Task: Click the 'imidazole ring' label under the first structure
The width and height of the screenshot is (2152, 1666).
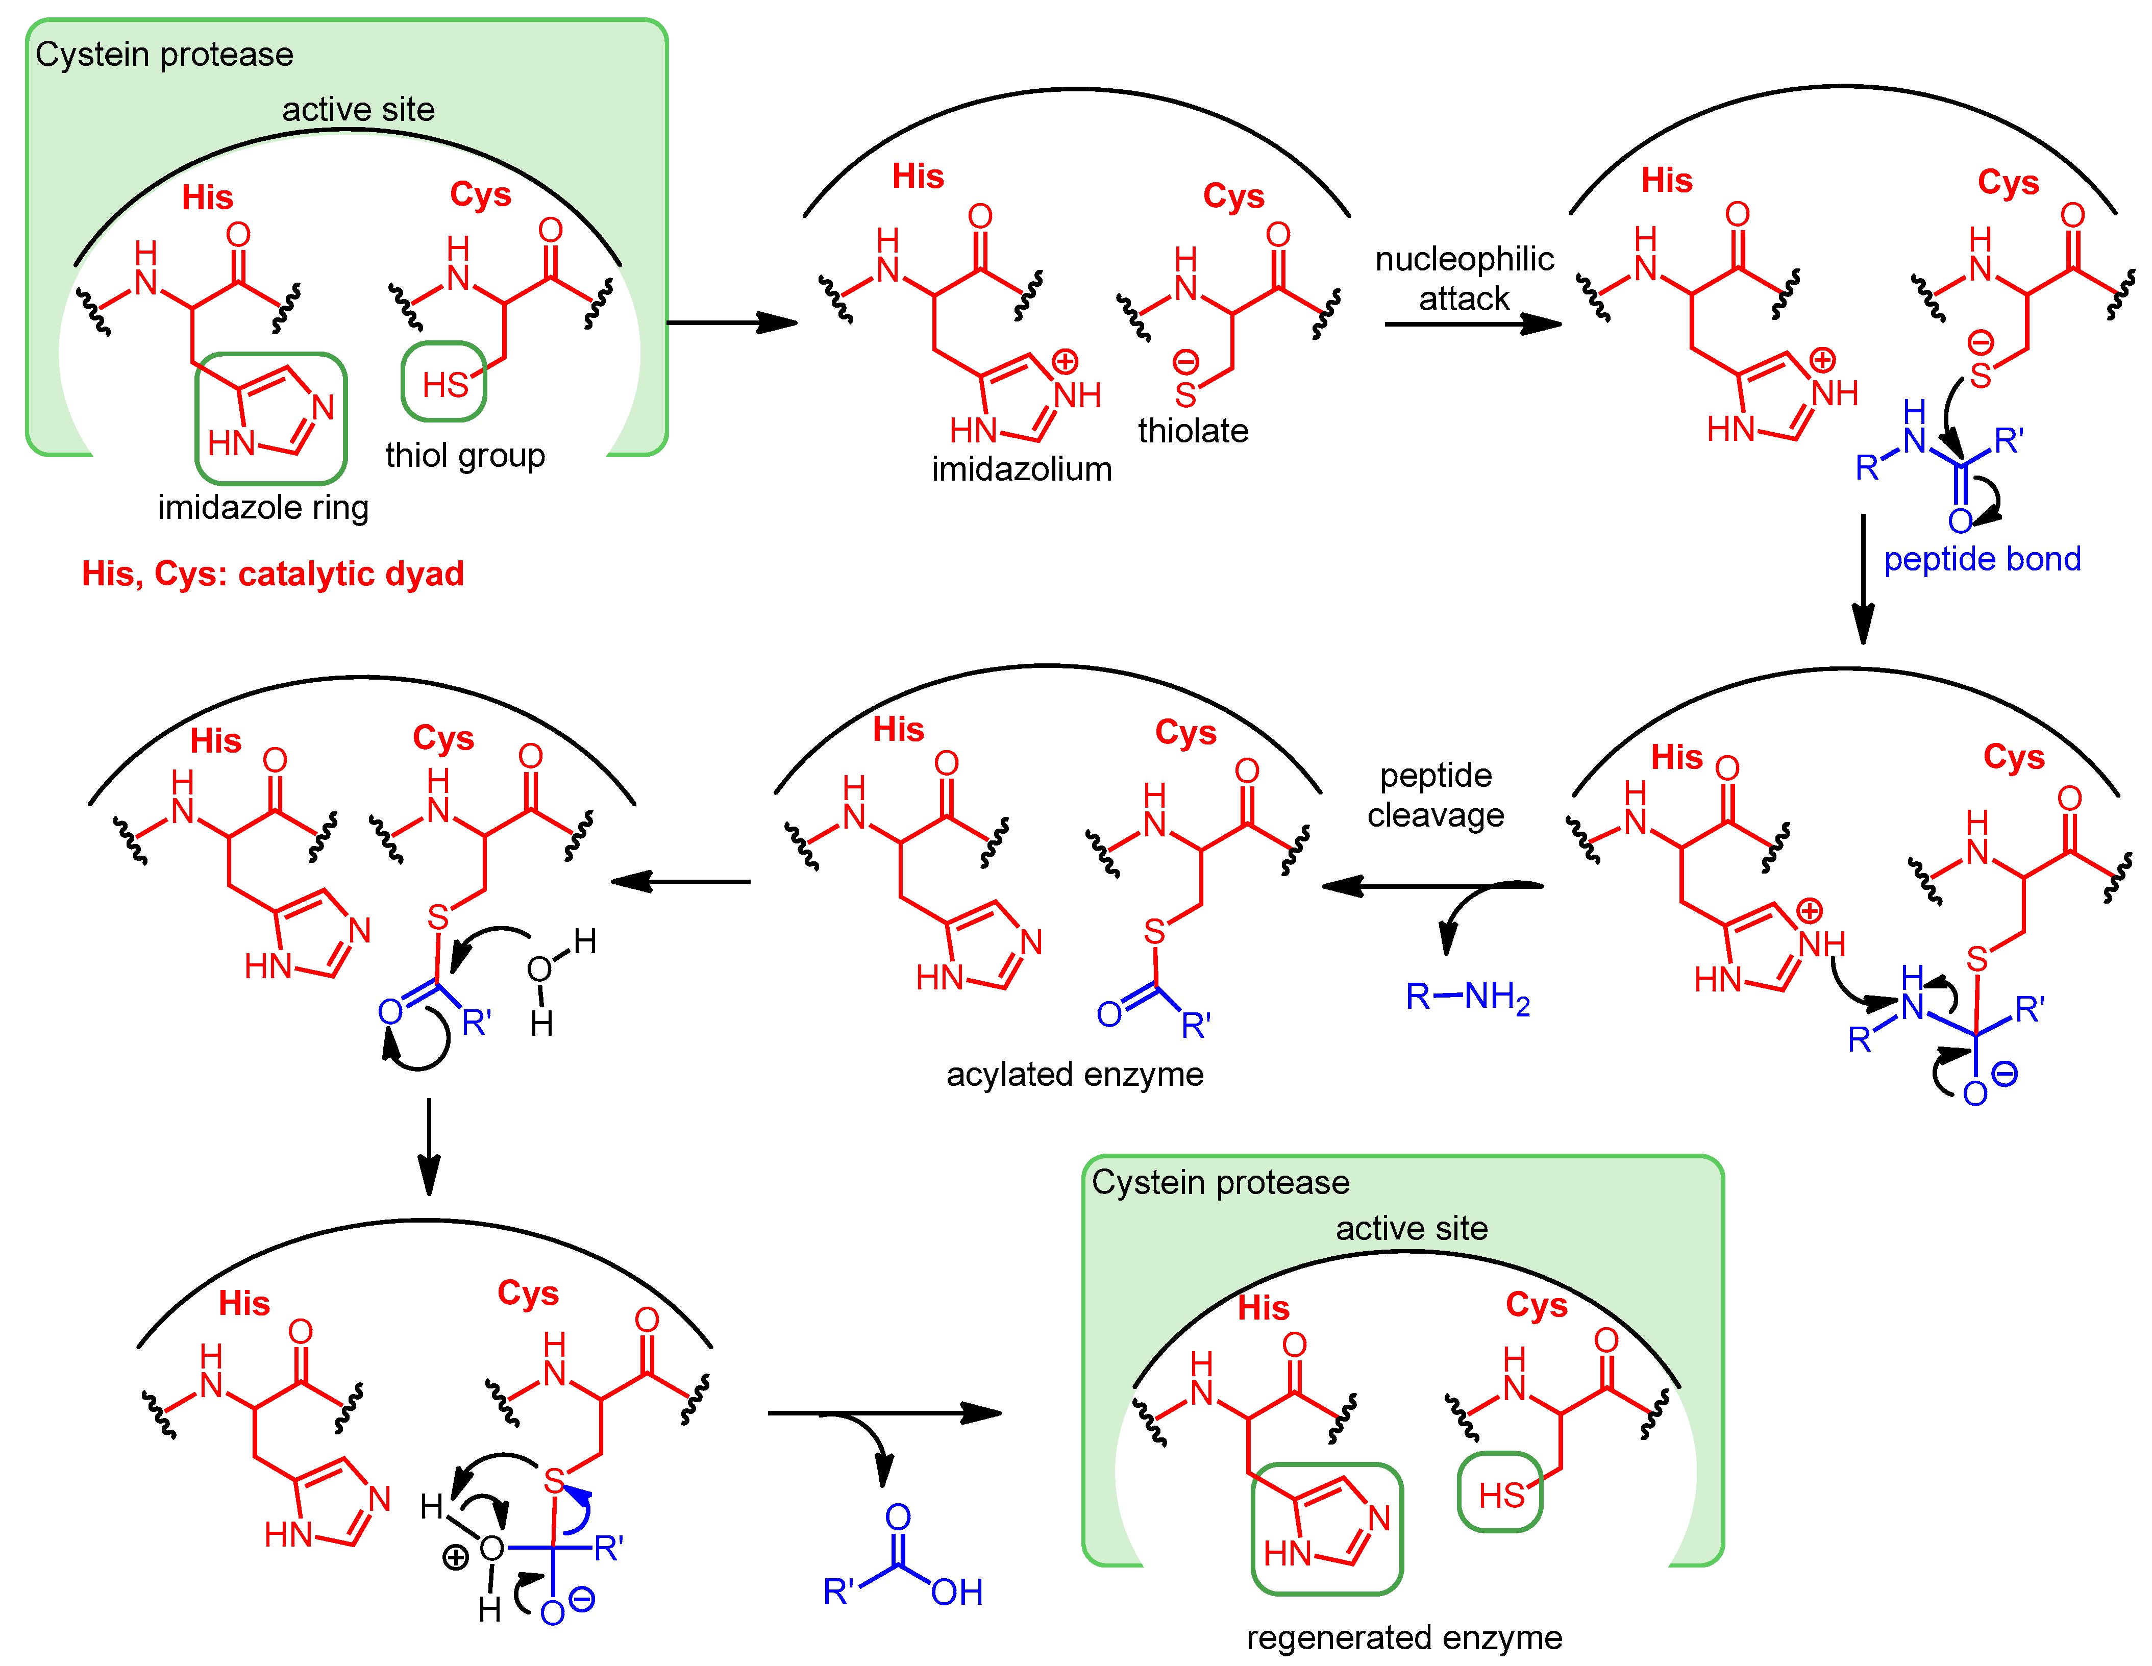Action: click(x=263, y=507)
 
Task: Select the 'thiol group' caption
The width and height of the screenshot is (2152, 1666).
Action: click(x=464, y=455)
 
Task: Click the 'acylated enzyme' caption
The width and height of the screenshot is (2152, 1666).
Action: click(x=1074, y=1074)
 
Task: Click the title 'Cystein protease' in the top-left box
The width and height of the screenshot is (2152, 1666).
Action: click(x=164, y=54)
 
